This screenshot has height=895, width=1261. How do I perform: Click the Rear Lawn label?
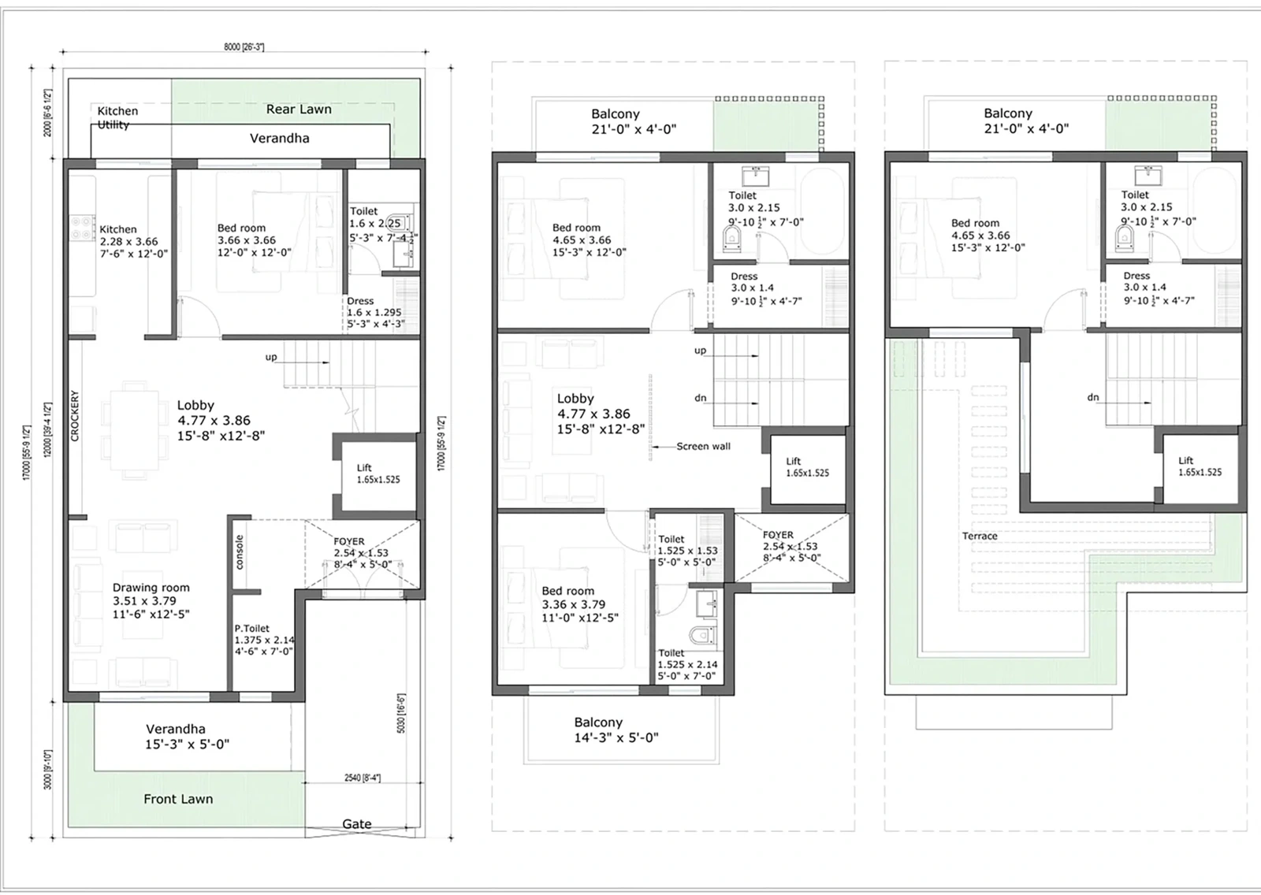tap(299, 110)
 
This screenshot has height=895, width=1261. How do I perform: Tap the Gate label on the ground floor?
tap(356, 823)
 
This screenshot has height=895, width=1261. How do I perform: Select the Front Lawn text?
tap(178, 799)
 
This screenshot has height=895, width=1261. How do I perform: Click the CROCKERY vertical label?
tap(76, 416)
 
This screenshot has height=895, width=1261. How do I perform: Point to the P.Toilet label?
tap(252, 629)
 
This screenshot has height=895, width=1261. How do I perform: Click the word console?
tap(240, 551)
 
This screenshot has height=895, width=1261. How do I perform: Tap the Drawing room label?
tap(151, 588)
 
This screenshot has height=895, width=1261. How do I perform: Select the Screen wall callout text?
tap(703, 446)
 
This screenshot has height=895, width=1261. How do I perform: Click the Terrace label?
tap(980, 536)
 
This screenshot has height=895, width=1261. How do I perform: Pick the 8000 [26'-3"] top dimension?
tap(244, 47)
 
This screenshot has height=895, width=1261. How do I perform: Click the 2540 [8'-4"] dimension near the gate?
tap(363, 778)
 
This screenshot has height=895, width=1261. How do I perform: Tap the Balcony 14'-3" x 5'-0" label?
tap(616, 730)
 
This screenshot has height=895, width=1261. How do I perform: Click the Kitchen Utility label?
tap(117, 117)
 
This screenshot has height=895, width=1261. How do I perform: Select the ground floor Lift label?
tap(364, 467)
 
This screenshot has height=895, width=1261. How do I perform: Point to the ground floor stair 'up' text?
tap(271, 357)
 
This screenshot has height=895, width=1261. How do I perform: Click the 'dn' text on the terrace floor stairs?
tap(1093, 397)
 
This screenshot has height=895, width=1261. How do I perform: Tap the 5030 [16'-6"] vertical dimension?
tap(401, 714)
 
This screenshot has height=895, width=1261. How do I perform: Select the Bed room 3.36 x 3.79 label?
tap(579, 603)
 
